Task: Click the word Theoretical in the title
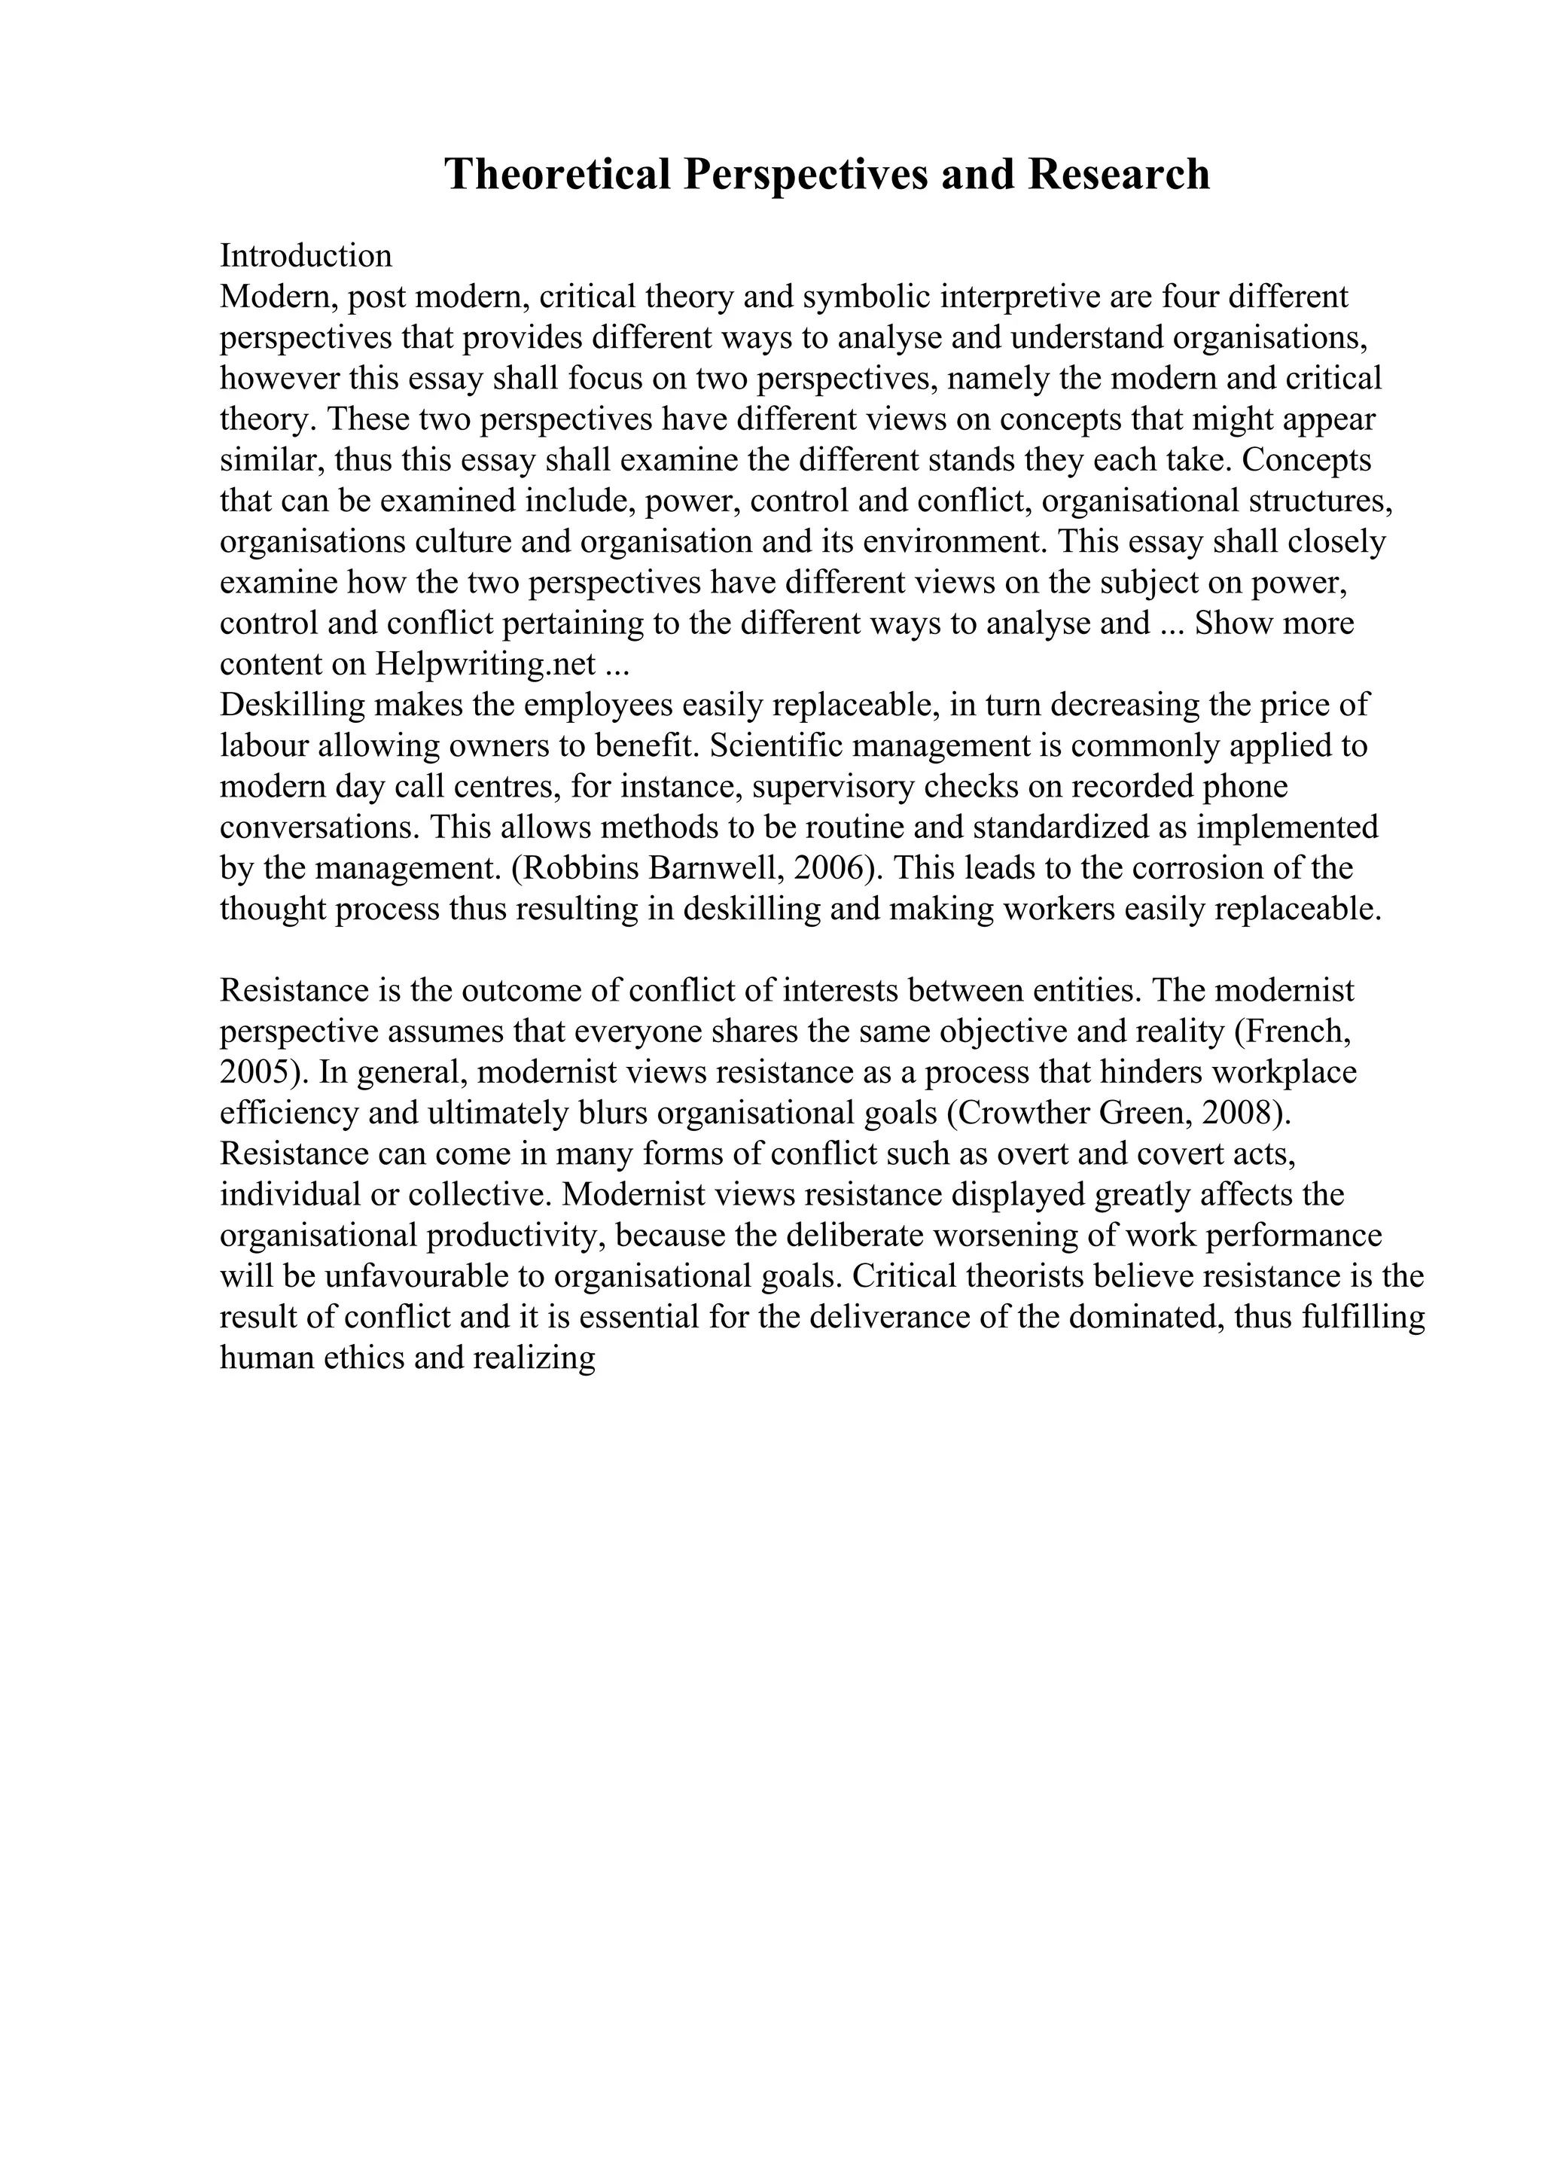tap(559, 175)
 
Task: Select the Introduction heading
tap(305, 256)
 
